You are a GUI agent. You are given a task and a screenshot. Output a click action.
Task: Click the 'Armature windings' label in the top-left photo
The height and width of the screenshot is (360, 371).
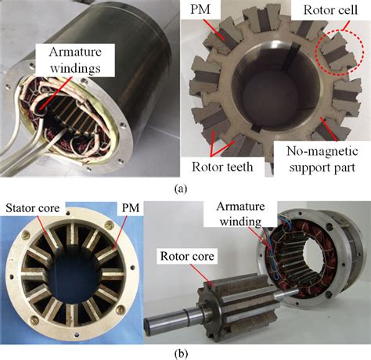pos(75,60)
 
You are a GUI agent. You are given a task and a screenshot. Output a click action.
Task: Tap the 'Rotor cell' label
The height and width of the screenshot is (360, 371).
pos(330,10)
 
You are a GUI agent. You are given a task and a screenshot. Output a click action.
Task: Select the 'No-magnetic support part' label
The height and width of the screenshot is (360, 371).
pos(322,159)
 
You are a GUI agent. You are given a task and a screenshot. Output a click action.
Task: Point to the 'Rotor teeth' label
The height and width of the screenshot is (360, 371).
pos(222,167)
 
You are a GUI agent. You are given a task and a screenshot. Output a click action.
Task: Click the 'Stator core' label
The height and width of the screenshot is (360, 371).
pos(33,208)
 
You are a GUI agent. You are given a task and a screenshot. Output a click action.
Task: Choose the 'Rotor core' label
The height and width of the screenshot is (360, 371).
pos(187,256)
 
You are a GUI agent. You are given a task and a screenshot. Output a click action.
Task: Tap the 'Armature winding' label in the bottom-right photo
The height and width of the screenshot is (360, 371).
pos(240,214)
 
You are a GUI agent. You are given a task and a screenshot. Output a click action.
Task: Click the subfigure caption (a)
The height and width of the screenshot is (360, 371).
pos(181,189)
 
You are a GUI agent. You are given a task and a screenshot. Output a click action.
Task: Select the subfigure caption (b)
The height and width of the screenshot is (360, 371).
pos(181,354)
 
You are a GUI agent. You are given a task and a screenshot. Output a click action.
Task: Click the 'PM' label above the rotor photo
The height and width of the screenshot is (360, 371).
pos(200,9)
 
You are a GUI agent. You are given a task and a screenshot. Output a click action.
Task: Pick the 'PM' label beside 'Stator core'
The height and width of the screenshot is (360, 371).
pos(131,208)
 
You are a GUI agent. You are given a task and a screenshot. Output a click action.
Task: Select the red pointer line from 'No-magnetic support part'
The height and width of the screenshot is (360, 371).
pos(329,130)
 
